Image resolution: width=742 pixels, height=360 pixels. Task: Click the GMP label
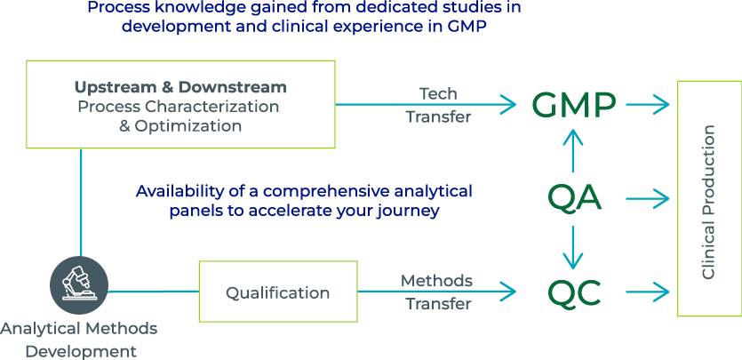click(574, 105)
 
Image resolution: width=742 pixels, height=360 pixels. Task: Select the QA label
click(574, 197)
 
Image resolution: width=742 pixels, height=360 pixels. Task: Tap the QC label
click(574, 292)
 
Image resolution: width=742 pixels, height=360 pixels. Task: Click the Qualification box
click(277, 292)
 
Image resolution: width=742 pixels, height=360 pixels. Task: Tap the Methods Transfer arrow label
click(436, 292)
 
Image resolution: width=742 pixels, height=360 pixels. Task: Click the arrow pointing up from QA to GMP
click(574, 151)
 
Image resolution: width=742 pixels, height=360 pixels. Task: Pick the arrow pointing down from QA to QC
click(574, 246)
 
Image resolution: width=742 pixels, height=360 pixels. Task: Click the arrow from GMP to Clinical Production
click(648, 105)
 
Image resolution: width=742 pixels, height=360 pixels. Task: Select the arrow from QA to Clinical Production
click(648, 198)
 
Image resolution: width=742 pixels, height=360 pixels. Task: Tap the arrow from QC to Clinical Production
click(648, 292)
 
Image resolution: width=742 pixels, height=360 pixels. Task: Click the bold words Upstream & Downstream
click(180, 87)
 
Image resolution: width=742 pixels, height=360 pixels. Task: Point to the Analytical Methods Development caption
click(80, 340)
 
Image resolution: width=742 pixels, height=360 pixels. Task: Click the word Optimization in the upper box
click(187, 126)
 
